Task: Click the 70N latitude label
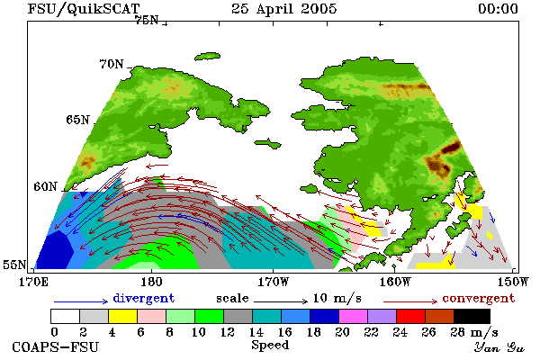coord(112,64)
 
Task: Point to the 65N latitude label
coord(77,120)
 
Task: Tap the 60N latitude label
coord(45,186)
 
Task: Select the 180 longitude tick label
coord(151,282)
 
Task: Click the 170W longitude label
coord(274,282)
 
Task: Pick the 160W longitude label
coord(395,282)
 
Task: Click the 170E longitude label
coord(33,282)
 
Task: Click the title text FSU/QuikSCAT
coord(84,9)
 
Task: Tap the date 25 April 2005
coord(284,9)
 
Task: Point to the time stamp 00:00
coord(498,9)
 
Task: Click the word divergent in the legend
coord(144,298)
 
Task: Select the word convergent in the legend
coord(479,298)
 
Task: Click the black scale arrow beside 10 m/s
coord(281,301)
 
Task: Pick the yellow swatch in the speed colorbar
coord(122,316)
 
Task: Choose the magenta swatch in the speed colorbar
coord(354,316)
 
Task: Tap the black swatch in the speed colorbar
coord(472,316)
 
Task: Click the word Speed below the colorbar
coord(270,346)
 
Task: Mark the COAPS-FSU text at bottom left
coord(56,346)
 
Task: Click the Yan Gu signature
coord(499,347)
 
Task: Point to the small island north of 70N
coord(207,56)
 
